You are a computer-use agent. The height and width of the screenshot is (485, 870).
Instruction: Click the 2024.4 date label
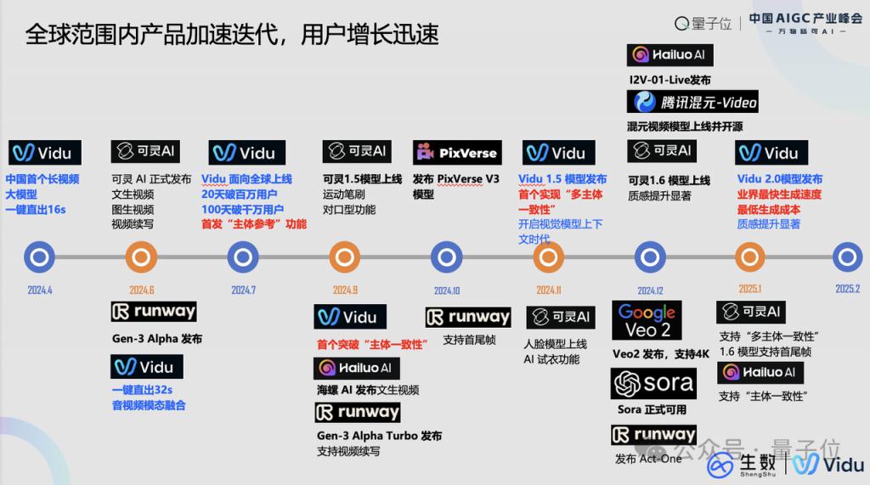click(40, 290)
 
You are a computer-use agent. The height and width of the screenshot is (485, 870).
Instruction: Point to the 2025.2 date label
click(847, 289)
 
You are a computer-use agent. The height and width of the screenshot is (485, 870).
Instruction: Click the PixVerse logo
click(457, 153)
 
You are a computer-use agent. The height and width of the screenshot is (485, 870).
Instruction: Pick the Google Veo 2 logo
click(647, 320)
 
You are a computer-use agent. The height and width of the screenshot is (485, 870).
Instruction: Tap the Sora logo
click(653, 383)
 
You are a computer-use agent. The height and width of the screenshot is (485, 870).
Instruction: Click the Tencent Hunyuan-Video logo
click(692, 102)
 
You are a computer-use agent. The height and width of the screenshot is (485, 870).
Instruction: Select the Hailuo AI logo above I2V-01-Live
click(669, 55)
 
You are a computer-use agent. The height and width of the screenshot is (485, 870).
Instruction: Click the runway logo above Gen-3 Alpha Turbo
click(358, 412)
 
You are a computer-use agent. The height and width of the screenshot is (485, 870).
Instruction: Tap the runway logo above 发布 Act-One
click(653, 435)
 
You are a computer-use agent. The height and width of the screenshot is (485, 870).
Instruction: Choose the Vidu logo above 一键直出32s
click(146, 367)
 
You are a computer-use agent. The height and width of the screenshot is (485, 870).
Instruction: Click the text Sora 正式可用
click(652, 409)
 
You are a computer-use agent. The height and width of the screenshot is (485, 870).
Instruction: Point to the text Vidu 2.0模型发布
click(780, 178)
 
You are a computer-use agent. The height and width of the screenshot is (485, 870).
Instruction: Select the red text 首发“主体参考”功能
click(253, 224)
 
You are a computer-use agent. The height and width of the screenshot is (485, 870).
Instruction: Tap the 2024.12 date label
click(650, 290)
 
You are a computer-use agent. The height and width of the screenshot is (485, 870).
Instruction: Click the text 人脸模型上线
click(555, 344)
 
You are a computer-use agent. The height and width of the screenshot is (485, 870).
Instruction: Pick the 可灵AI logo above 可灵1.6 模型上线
click(662, 151)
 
